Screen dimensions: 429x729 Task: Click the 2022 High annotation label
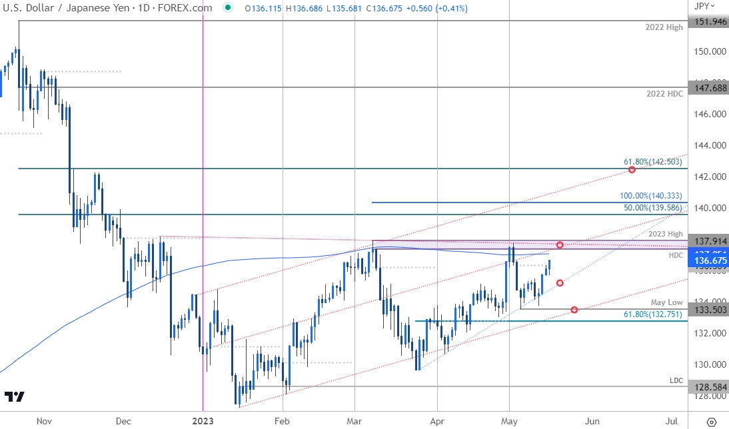pyautogui.click(x=665, y=28)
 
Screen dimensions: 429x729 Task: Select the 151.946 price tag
pyautogui.click(x=709, y=21)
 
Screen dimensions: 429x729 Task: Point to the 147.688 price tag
pyautogui.click(x=709, y=87)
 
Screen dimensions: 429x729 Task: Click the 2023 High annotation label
pyautogui.click(x=665, y=234)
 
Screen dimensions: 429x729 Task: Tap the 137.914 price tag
pyautogui.click(x=709, y=240)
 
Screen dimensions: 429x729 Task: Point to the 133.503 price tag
pyautogui.click(x=709, y=309)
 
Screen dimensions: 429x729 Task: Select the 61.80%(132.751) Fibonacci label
pyautogui.click(x=654, y=314)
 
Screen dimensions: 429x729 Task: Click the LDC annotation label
pyautogui.click(x=676, y=380)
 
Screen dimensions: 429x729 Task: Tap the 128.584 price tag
pyautogui.click(x=709, y=386)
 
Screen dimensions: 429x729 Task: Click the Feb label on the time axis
pyautogui.click(x=283, y=420)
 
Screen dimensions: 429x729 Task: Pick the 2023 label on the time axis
pyautogui.click(x=202, y=420)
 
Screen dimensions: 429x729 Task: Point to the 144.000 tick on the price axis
pyautogui.click(x=708, y=145)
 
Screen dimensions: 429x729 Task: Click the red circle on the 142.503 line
pyautogui.click(x=632, y=170)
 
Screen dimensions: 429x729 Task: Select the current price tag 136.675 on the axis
pyautogui.click(x=709, y=261)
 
